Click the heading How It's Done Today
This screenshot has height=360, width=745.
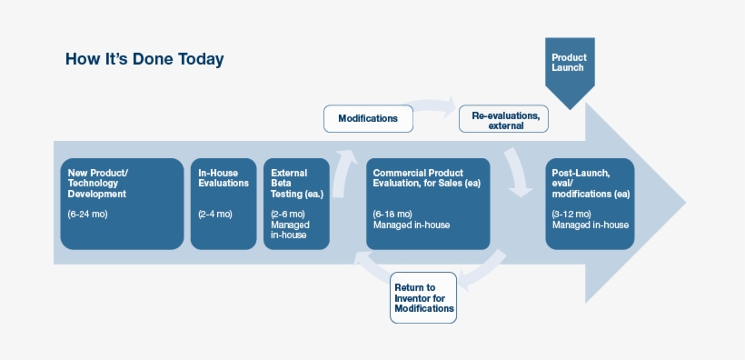click(144, 59)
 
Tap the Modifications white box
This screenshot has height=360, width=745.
click(368, 118)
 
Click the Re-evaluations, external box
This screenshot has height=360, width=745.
click(504, 119)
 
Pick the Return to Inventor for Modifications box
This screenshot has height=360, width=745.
click(423, 297)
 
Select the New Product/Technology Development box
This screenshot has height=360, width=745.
click(122, 204)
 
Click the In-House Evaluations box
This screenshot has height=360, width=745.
click(223, 204)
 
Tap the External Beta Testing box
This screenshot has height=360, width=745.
click(293, 204)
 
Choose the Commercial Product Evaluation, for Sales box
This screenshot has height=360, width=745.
click(428, 204)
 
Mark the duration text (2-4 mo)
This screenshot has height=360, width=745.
click(215, 214)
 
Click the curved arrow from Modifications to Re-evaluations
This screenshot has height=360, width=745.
click(434, 105)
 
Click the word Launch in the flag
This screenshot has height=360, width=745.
click(569, 67)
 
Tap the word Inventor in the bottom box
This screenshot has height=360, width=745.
click(424, 298)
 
